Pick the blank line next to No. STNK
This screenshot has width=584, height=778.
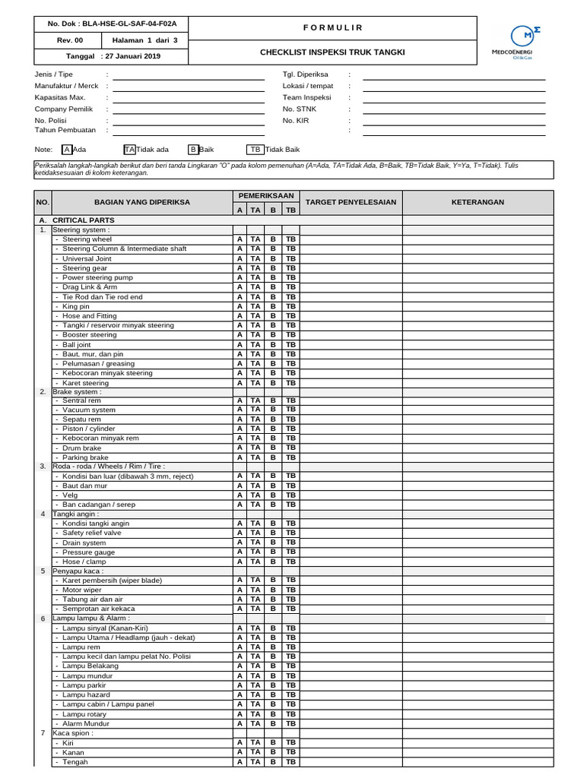pyautogui.click(x=454, y=109)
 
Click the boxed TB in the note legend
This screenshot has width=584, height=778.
pyautogui.click(x=255, y=150)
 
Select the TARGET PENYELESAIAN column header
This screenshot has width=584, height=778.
pyautogui.click(x=351, y=202)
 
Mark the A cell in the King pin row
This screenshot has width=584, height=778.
pyautogui.click(x=239, y=306)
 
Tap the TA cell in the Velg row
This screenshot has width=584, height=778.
pyautogui.click(x=255, y=495)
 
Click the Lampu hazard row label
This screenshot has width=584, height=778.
pyautogui.click(x=87, y=694)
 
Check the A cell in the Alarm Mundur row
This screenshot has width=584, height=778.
pyautogui.click(x=239, y=723)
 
